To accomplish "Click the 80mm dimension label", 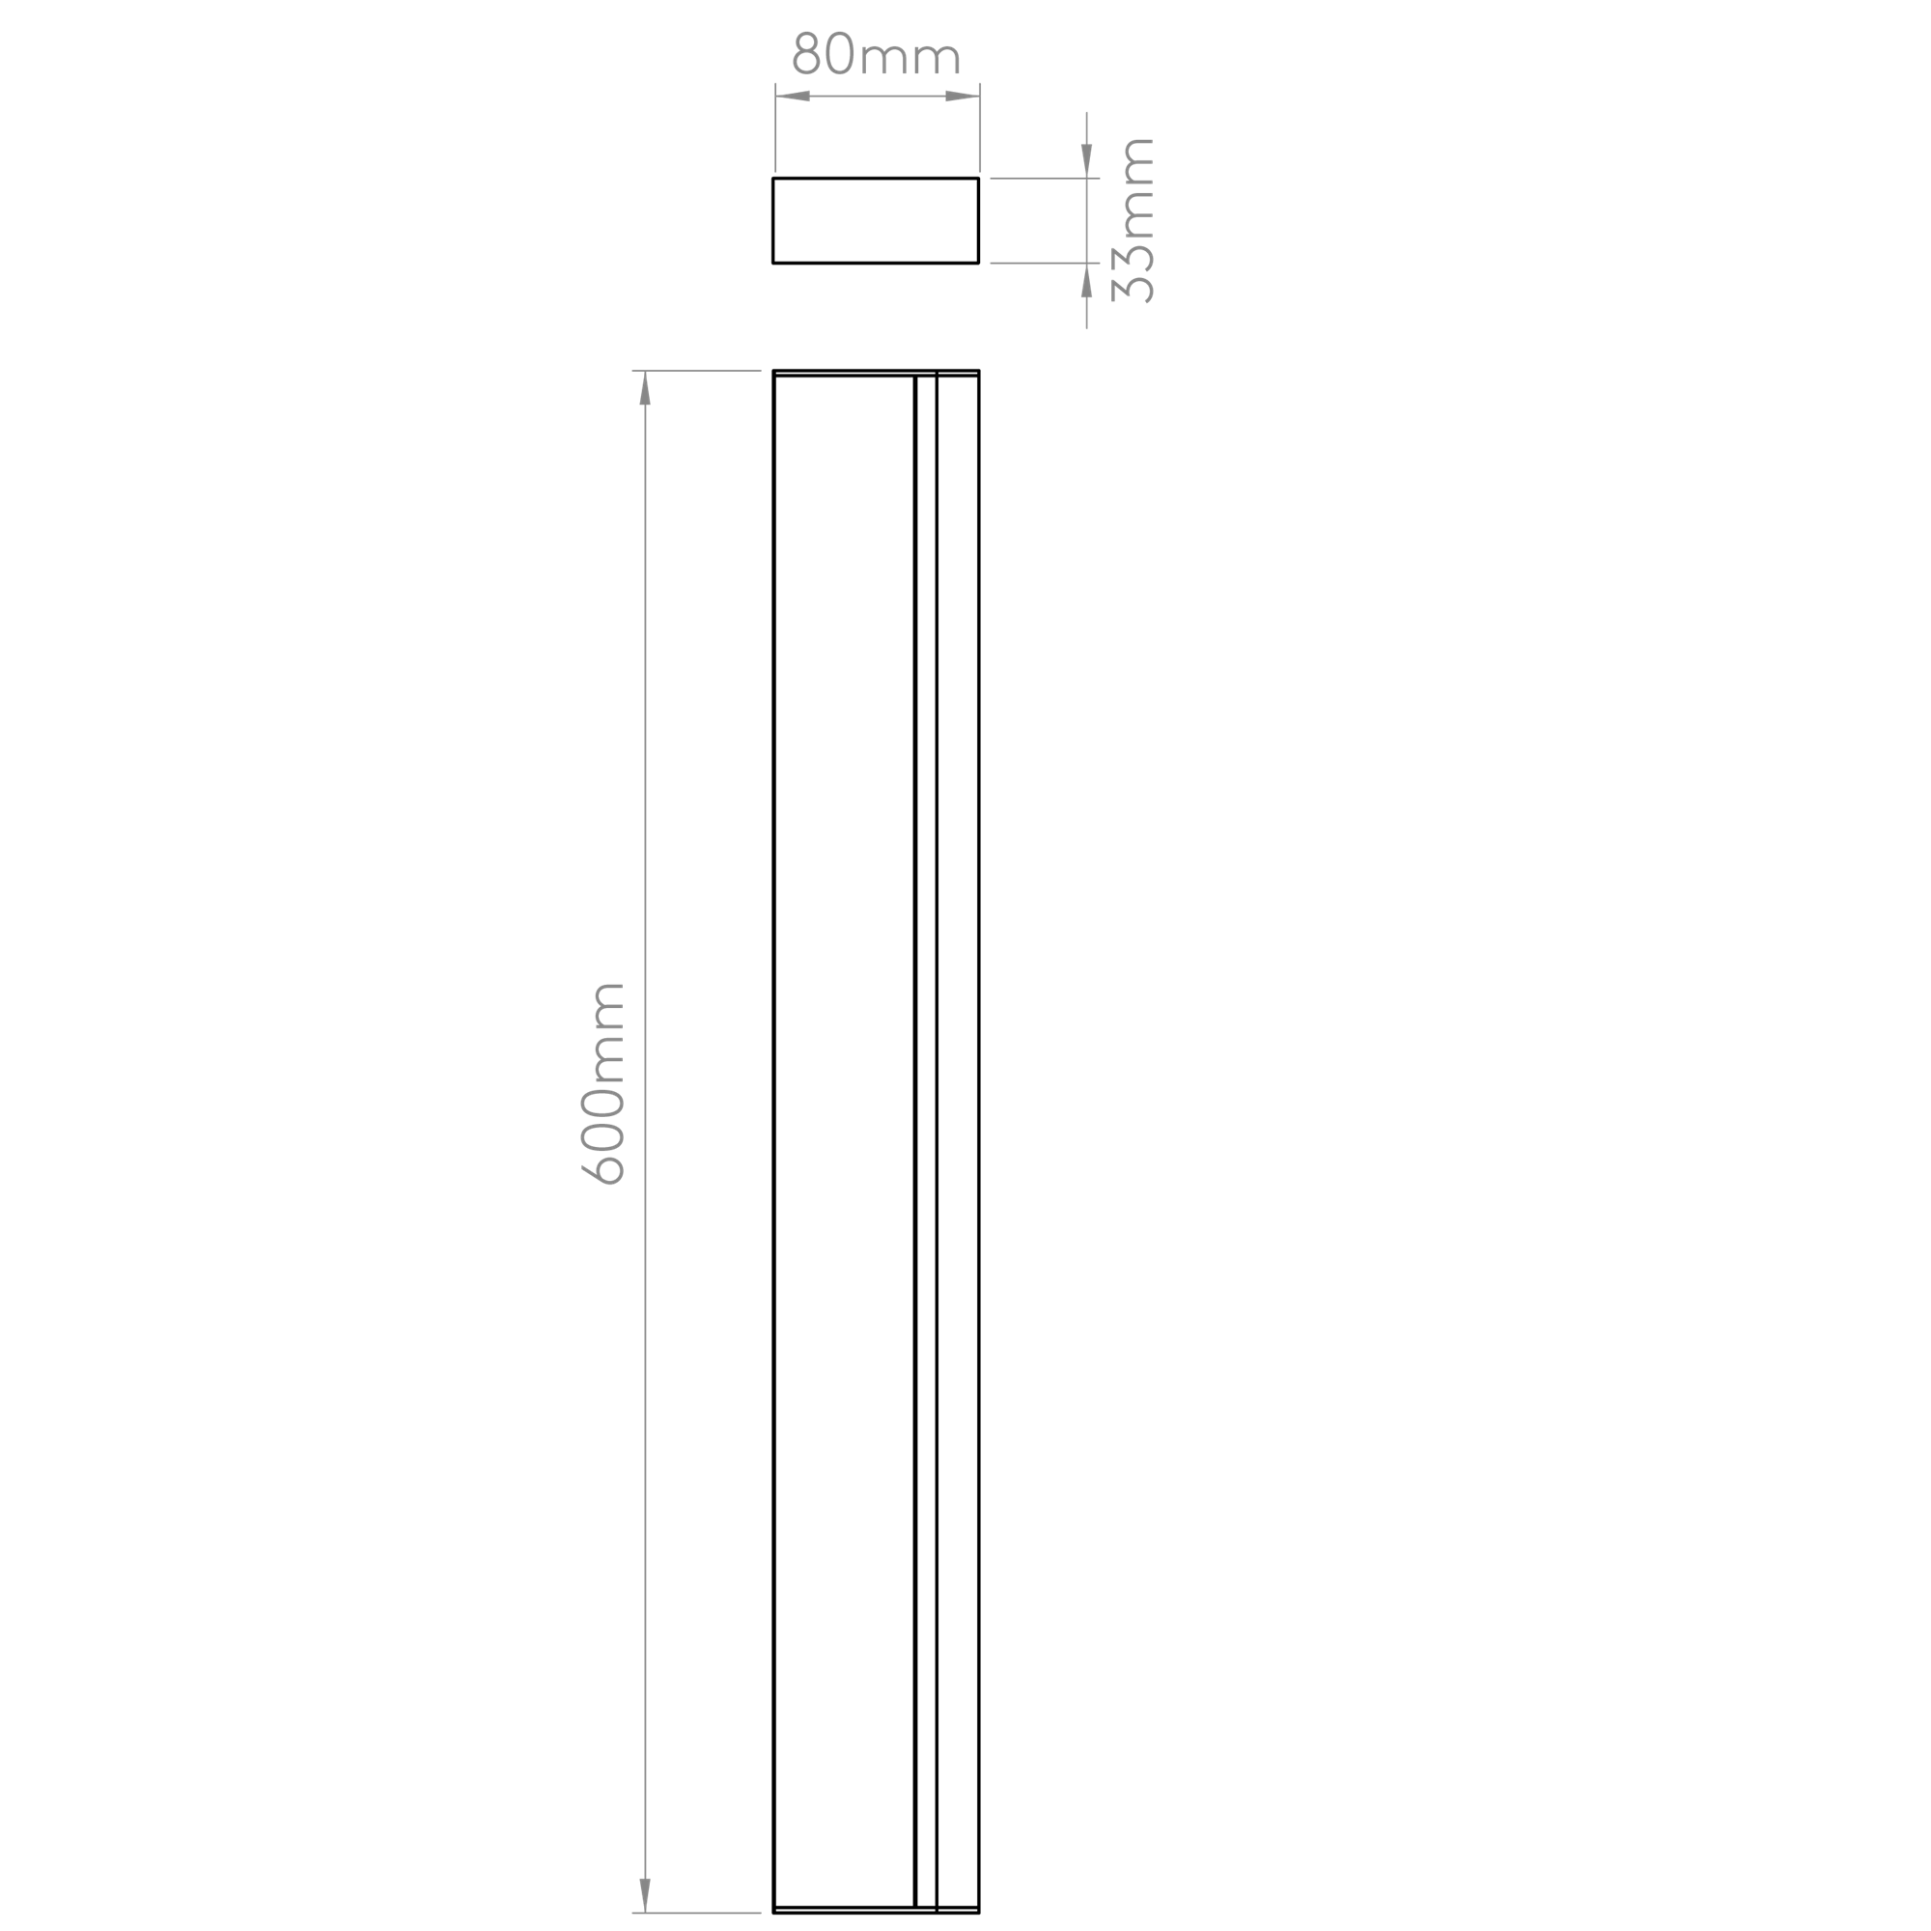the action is click(876, 54).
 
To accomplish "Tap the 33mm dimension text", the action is click(1133, 220).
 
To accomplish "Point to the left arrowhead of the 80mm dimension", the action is click(793, 96).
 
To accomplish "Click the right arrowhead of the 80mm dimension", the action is click(963, 96).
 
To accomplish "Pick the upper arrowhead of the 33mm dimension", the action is click(1086, 161).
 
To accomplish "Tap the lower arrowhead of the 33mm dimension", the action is click(1086, 281).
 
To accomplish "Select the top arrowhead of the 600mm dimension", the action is click(645, 388).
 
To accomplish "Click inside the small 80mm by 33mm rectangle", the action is click(876, 221).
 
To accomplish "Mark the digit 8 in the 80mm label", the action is click(805, 54).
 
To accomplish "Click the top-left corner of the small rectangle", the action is click(773, 178).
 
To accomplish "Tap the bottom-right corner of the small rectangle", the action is click(978, 263).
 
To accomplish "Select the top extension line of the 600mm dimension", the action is click(697, 371).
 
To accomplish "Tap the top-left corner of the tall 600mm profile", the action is click(773, 371).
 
